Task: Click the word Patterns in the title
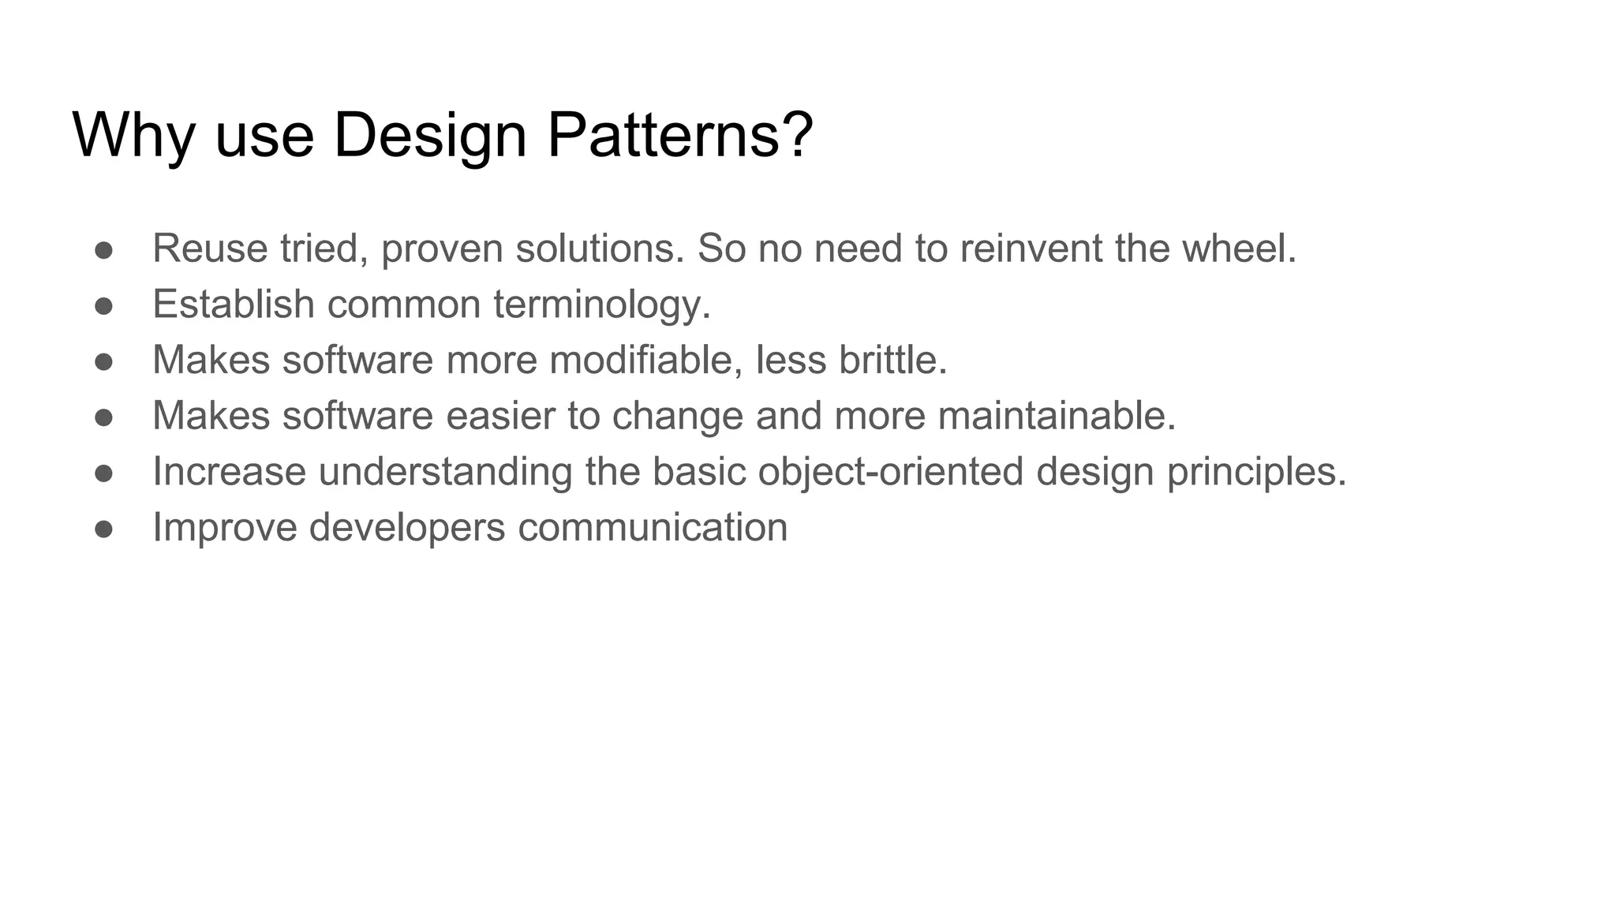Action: click(679, 136)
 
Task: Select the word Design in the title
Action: click(430, 136)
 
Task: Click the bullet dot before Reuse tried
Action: click(103, 250)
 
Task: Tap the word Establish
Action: click(234, 305)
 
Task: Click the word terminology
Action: click(602, 305)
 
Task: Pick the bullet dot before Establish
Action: click(103, 306)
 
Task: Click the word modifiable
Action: click(645, 360)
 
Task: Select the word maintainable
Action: click(1057, 416)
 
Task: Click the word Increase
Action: click(229, 472)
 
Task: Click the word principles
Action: click(1256, 472)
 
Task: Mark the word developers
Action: click(407, 527)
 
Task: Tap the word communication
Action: click(653, 527)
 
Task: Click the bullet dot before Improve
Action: click(103, 529)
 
